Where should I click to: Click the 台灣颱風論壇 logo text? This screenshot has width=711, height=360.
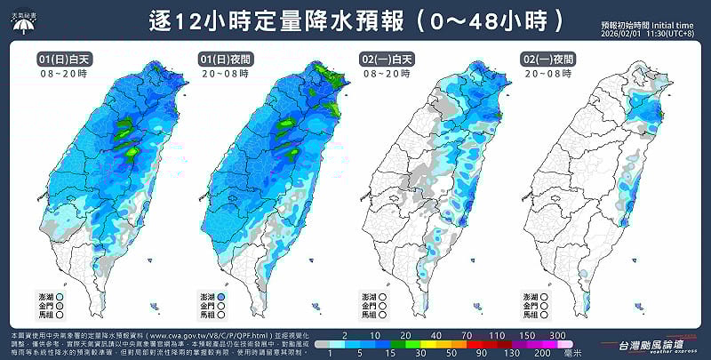pos(651,342)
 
